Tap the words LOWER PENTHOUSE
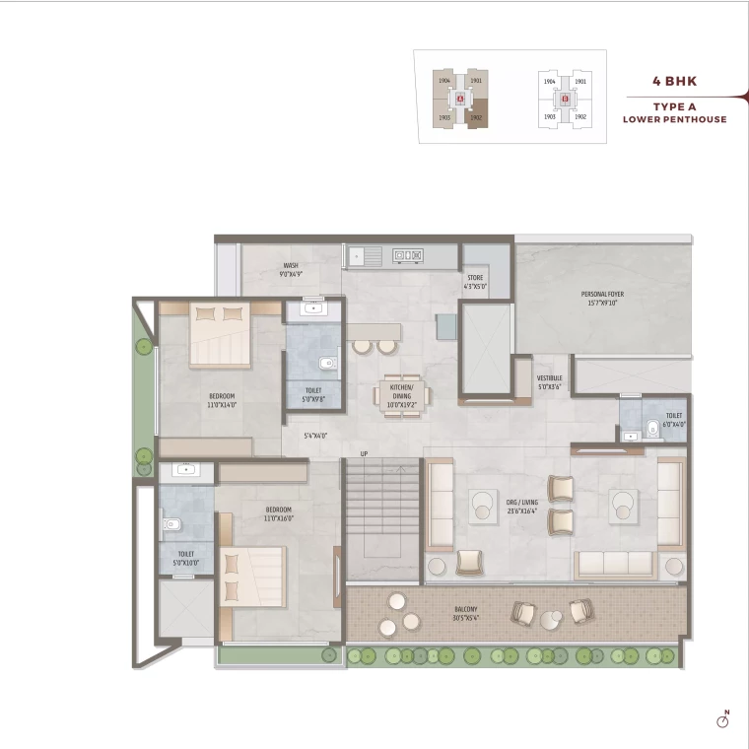point(674,119)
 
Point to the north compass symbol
point(722,720)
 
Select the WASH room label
point(291,270)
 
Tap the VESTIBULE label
point(549,382)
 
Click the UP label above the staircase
point(364,454)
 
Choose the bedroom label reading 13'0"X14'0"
point(221,400)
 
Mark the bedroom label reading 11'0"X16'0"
point(278,512)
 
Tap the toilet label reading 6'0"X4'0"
point(673,420)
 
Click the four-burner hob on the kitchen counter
point(409,256)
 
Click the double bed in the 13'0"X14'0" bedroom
point(219,335)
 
